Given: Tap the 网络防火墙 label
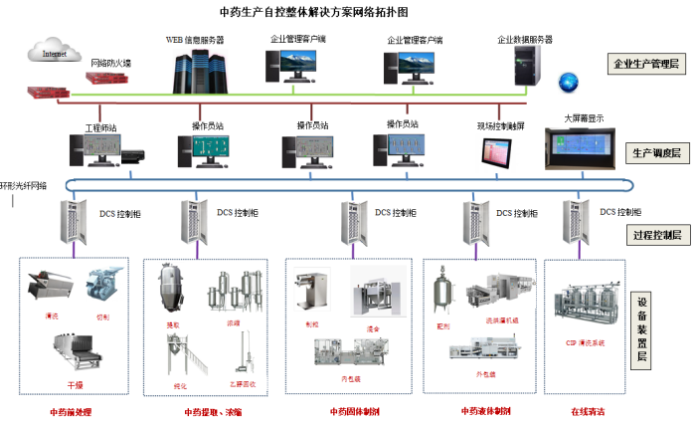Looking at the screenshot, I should pyautogui.click(x=111, y=63).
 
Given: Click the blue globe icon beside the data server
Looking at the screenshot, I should pyautogui.click(x=568, y=80).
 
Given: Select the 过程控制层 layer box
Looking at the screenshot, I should pyautogui.click(x=656, y=235).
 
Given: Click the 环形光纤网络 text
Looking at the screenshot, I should pyautogui.click(x=24, y=185).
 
